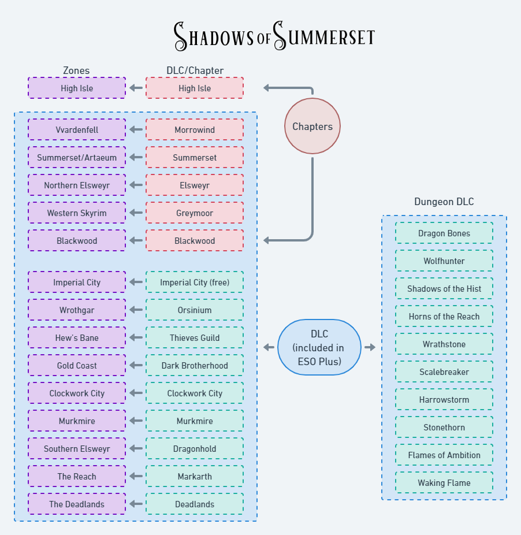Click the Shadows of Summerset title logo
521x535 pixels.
tap(274, 36)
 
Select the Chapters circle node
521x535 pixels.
tap(312, 126)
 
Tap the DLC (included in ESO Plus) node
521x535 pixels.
tap(319, 347)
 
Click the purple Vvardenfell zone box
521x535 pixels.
tap(77, 129)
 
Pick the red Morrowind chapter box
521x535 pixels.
tap(195, 129)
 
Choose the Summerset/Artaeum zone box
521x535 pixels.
tap(77, 157)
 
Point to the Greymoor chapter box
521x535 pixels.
tap(195, 213)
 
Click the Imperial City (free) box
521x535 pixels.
tap(195, 282)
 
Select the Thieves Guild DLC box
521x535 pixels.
tap(195, 337)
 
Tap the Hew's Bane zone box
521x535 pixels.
tap(77, 337)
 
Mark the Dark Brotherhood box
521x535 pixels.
tap(195, 365)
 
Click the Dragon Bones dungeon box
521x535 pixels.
tap(444, 233)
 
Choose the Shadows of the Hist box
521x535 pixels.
tap(444, 288)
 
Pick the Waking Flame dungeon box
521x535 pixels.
tap(444, 482)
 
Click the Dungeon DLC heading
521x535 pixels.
tap(444, 202)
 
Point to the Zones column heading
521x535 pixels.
tap(76, 70)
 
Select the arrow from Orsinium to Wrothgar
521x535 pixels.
tap(136, 310)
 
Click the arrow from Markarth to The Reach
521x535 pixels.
tap(136, 476)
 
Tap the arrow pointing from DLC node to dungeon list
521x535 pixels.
tap(370, 347)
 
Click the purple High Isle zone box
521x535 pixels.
tap(77, 88)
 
